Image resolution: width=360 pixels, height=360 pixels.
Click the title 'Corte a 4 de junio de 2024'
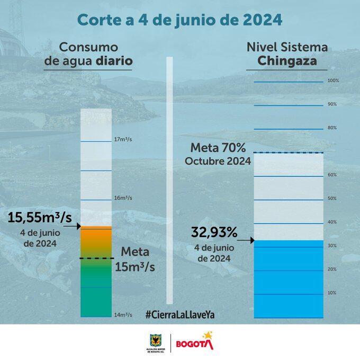[x=179, y=20]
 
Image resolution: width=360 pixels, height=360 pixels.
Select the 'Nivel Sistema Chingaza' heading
[x=287, y=54]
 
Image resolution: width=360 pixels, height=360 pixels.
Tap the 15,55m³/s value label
[x=40, y=217]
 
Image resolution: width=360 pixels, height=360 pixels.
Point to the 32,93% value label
[x=214, y=232]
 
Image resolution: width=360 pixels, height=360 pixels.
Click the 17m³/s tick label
[x=123, y=140]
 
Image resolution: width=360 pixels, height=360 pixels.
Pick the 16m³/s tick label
[x=123, y=197]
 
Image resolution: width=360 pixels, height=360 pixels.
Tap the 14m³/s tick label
[x=123, y=315]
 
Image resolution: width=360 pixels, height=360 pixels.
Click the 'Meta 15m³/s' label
[x=135, y=259]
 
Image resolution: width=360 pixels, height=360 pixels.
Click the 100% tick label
[x=332, y=81]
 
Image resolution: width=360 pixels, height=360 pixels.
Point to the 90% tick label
[x=332, y=104]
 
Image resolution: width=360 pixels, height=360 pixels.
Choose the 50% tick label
[x=332, y=199]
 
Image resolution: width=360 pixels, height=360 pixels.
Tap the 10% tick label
[x=332, y=293]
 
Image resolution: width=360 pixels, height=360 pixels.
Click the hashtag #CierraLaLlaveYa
[x=179, y=314]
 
